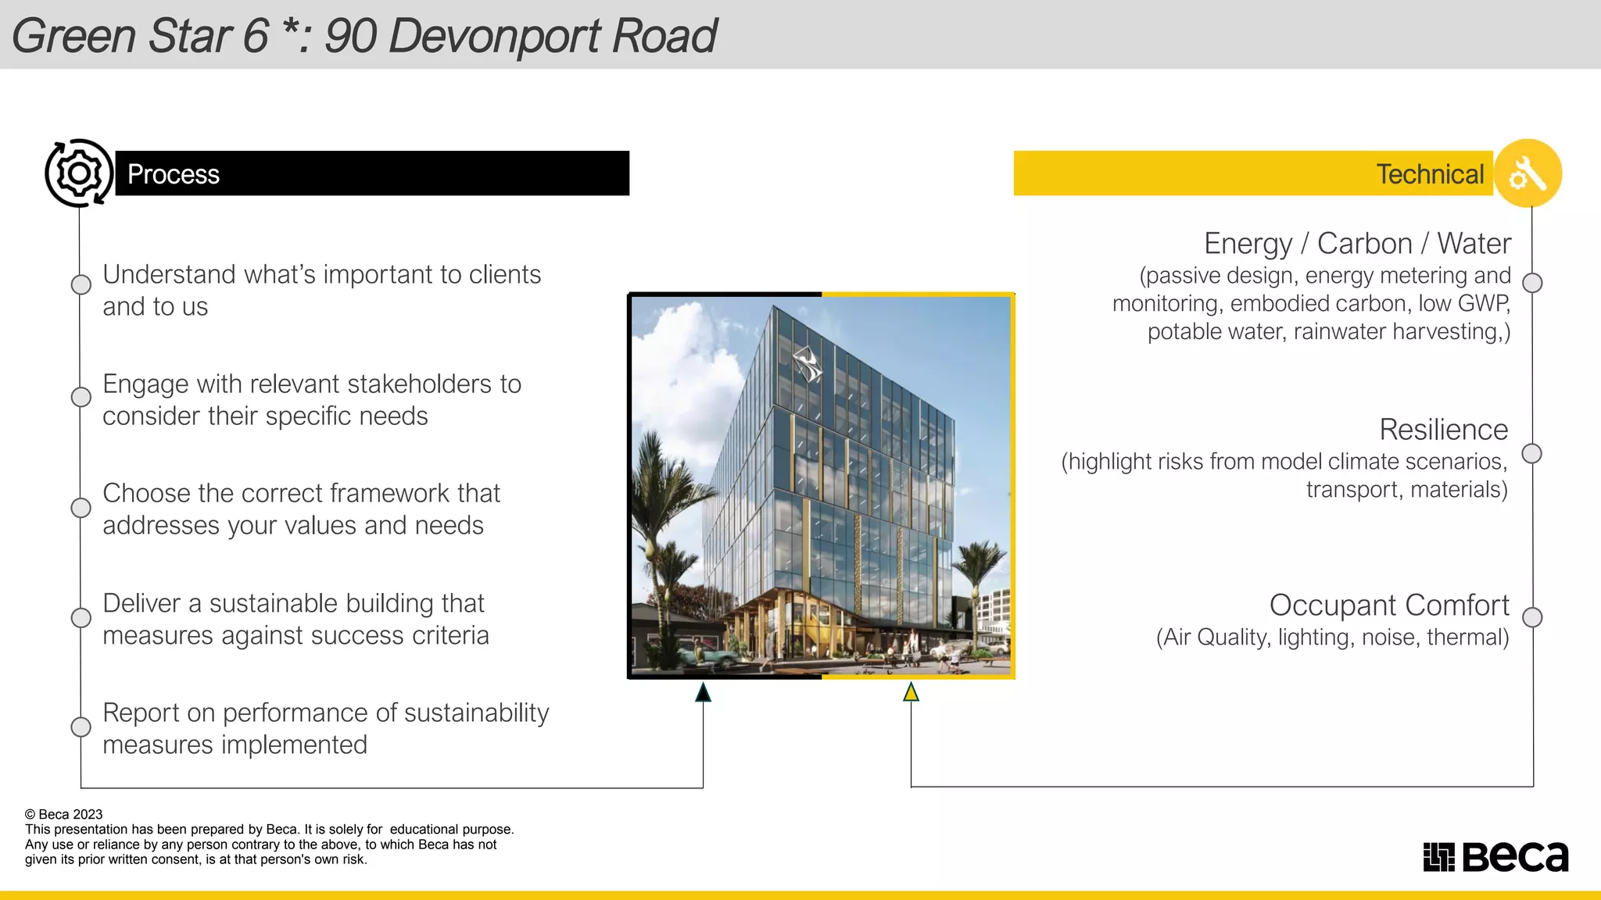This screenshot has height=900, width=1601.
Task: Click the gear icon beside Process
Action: (x=79, y=173)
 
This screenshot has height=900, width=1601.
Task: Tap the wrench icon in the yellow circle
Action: (x=1528, y=173)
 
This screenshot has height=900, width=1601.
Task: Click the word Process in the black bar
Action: (x=174, y=174)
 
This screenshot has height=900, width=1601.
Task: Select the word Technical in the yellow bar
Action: (x=1430, y=174)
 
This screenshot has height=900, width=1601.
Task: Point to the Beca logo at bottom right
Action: (x=1495, y=856)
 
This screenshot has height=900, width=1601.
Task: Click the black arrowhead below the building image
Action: (x=703, y=692)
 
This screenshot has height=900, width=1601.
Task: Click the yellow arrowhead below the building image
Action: (x=911, y=692)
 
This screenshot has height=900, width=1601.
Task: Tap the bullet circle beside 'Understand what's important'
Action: (x=81, y=284)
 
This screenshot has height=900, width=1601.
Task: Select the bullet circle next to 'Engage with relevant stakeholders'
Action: (x=81, y=397)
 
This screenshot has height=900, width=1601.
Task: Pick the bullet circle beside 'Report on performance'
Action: (x=81, y=727)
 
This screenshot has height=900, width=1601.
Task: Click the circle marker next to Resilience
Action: (x=1532, y=453)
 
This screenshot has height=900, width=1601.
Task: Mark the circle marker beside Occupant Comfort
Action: (x=1532, y=617)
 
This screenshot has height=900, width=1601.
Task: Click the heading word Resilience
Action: (x=1443, y=430)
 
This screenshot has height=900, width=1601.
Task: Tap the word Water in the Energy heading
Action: (x=1474, y=244)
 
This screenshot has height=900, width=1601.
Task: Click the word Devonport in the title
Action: (x=496, y=36)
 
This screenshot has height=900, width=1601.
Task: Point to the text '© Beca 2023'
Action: (x=63, y=814)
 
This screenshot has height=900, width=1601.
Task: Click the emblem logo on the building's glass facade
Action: (x=807, y=364)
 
